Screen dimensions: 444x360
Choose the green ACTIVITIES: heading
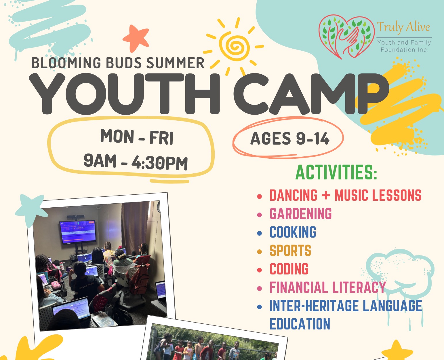point(336,172)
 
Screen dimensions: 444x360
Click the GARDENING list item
point(301,214)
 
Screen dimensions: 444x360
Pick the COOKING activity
point(293,232)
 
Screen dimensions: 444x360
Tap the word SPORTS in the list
point(290,250)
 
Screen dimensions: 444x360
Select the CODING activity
point(289,269)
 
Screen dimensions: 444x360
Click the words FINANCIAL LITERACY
point(328,287)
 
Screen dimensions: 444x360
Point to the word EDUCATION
point(300,324)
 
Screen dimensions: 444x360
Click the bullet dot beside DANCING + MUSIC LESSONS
point(260,196)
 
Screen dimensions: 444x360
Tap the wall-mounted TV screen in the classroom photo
point(77,232)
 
